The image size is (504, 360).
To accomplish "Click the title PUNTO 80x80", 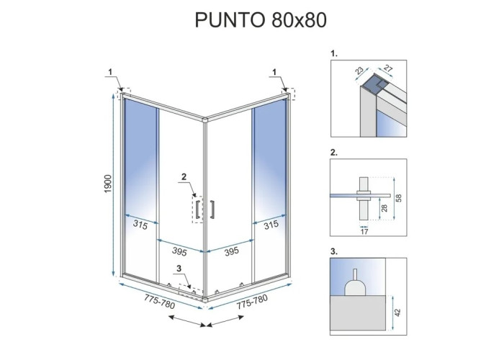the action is point(261,20).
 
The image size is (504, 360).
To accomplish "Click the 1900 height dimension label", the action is point(108,184).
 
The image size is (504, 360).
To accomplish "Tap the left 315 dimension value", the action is point(140,225).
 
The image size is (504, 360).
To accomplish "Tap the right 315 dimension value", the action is point(271,225).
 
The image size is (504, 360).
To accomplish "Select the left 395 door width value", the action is point(179,251).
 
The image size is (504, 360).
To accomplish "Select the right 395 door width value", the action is point(231,251).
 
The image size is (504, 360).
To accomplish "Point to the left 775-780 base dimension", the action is point(159,302).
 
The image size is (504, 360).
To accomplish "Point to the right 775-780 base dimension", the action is point(252,302).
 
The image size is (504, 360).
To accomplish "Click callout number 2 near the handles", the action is point(184,176).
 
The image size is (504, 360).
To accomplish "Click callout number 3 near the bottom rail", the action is point(179,269).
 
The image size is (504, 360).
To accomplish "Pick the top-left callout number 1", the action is point(110,72).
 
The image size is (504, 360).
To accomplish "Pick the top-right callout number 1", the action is point(274,72).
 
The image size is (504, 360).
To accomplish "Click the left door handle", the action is point(198,210).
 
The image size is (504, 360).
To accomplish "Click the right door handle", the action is point(212,210).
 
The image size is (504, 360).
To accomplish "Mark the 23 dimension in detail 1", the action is point(359,71).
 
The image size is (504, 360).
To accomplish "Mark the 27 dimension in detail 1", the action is point(388,68).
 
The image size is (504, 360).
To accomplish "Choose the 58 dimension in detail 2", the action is point(399,198).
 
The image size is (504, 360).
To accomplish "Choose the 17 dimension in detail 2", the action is point(364,231).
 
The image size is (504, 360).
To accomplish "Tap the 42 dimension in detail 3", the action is point(398,312).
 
